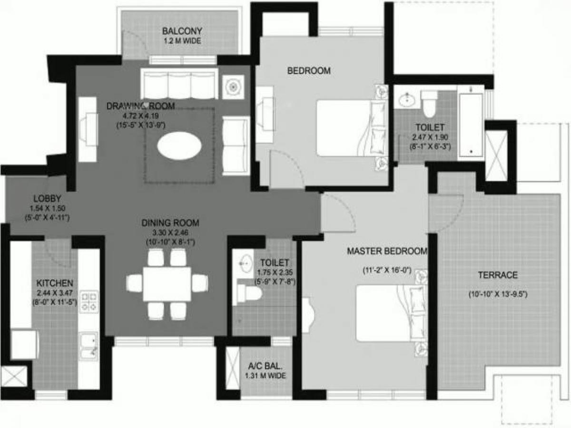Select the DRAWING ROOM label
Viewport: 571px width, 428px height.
140,106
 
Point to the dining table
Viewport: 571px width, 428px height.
167,284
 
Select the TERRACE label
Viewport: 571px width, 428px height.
498,275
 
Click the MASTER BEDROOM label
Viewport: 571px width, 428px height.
387,251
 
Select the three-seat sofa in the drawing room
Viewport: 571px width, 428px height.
179,84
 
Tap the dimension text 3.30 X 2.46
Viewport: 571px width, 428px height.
170,233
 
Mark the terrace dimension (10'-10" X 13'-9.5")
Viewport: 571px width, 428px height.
498,294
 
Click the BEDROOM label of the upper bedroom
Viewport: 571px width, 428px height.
309,71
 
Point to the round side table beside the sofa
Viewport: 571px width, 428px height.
233,87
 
